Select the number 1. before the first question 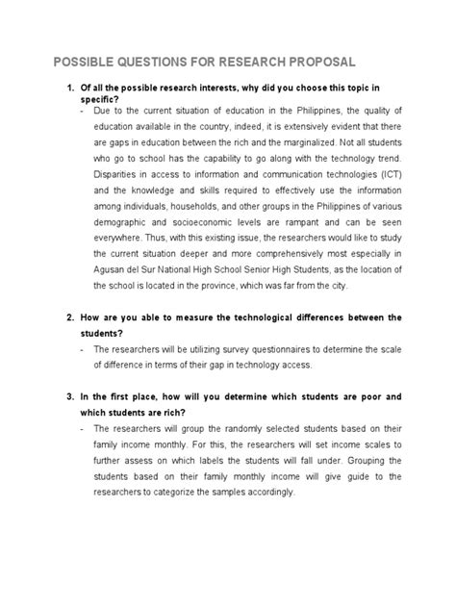pyautogui.click(x=69, y=89)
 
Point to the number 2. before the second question pyautogui.click(x=69, y=317)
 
